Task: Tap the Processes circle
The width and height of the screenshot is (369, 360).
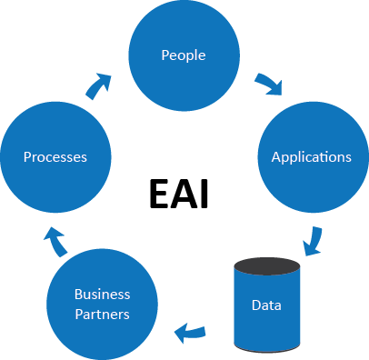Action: (55, 156)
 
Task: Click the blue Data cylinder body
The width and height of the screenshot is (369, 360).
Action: (266, 314)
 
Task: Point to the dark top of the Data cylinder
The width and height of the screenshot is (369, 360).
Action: (266, 266)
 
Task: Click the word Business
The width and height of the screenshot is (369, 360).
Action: (102, 295)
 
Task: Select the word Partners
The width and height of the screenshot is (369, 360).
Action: (102, 314)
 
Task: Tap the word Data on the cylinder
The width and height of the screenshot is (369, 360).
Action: (266, 305)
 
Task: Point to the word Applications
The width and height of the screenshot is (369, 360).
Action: (311, 156)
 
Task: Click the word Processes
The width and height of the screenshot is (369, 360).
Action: (55, 156)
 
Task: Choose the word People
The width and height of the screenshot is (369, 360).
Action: (183, 55)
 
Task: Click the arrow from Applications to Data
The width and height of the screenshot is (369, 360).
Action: (313, 240)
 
